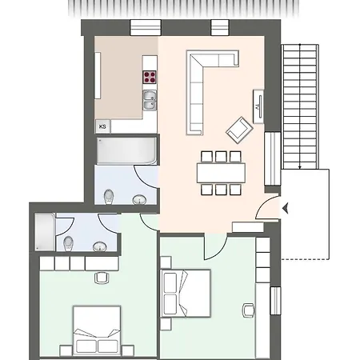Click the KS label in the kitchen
click(x=102, y=126)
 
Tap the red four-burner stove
click(x=150, y=78)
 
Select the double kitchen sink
click(x=150, y=99)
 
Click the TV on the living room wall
click(x=258, y=104)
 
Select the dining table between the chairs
click(x=220, y=172)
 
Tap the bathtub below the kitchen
click(x=126, y=150)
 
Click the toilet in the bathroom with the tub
click(x=111, y=194)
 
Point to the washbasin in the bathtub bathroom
click(x=139, y=198)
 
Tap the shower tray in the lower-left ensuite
click(x=45, y=231)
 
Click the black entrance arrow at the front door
click(x=286, y=210)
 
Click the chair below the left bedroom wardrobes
click(x=102, y=278)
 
